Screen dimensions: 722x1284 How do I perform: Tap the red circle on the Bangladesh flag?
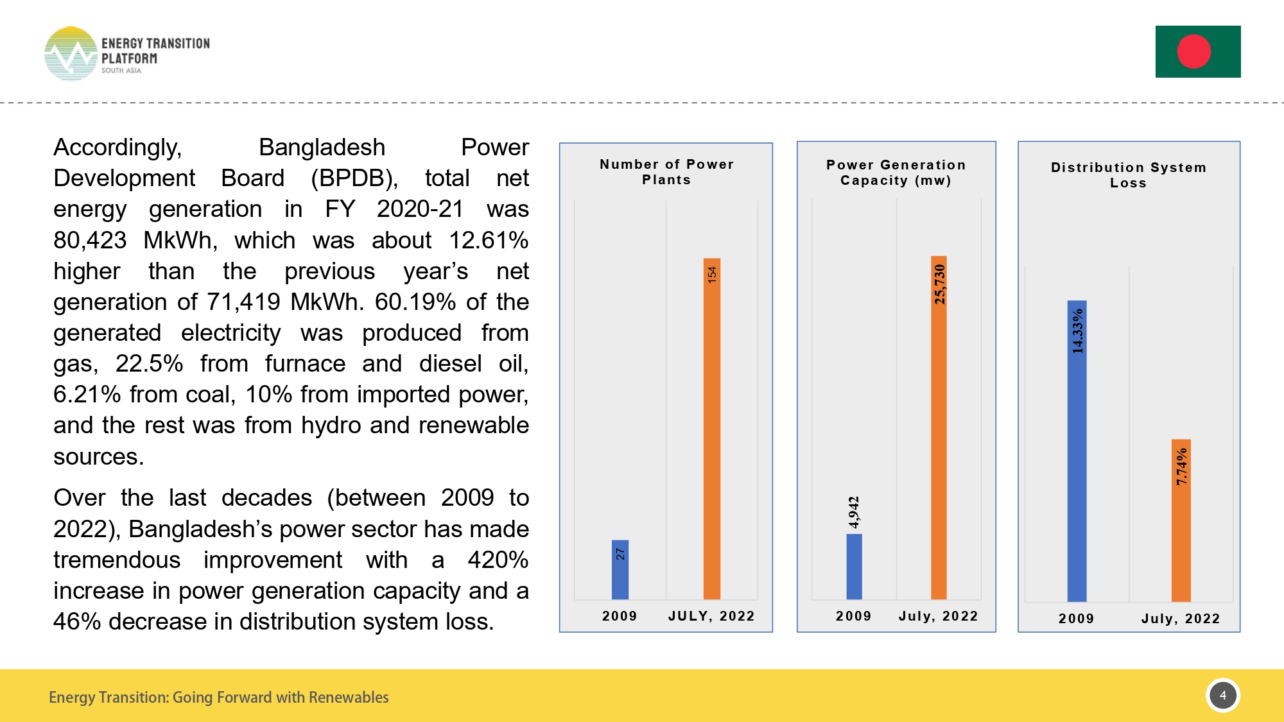tap(1193, 51)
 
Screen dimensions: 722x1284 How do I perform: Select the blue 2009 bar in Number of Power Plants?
tap(620, 569)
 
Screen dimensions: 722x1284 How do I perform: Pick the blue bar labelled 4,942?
tap(854, 566)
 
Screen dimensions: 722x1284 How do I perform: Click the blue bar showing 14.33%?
tap(1077, 451)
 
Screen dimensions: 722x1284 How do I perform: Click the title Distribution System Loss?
tap(1128, 175)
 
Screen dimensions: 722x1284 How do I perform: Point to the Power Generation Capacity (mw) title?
tap(896, 173)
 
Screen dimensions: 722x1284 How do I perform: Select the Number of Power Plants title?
tap(666, 172)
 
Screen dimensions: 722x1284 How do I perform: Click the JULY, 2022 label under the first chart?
tap(711, 616)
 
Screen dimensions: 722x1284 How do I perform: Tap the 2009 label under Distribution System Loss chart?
tap(1076, 619)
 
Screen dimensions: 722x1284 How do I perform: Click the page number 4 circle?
tap(1222, 695)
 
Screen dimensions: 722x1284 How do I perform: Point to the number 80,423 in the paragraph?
tap(90, 241)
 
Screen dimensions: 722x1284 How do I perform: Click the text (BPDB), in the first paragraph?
tap(354, 178)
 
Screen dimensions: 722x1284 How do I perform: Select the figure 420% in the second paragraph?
tap(498, 560)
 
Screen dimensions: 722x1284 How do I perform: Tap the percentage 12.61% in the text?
tap(488, 241)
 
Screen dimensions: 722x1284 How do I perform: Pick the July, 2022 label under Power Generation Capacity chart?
tap(938, 616)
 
